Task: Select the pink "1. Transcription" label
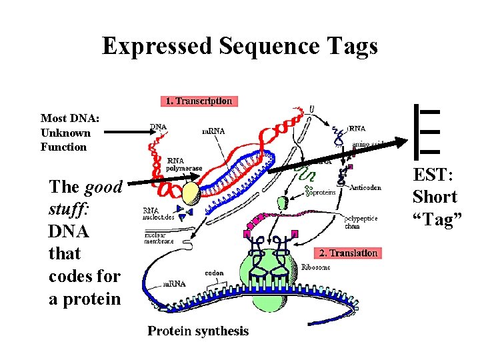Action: pyautogui.click(x=199, y=101)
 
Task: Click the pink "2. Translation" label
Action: pyautogui.click(x=348, y=253)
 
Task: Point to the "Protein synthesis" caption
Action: pyautogui.click(x=198, y=331)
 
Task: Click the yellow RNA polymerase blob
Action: pyautogui.click(x=192, y=193)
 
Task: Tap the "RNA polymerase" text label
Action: pyautogui.click(x=179, y=165)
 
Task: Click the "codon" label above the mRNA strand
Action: pyautogui.click(x=214, y=273)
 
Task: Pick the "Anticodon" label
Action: pyautogui.click(x=365, y=187)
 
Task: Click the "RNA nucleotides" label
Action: pyautogui.click(x=160, y=214)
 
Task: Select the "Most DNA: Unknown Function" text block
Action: pyautogui.click(x=69, y=133)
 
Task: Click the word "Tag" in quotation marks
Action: pyautogui.click(x=437, y=219)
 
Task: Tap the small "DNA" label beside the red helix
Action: pyautogui.click(x=158, y=127)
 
